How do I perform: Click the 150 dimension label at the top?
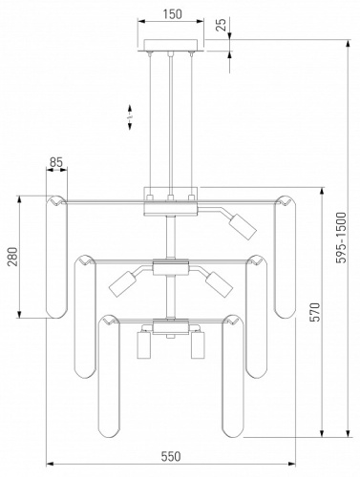pyautogui.click(x=173, y=14)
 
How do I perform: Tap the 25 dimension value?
pyautogui.click(x=221, y=25)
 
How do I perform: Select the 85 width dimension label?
pyautogui.click(x=56, y=162)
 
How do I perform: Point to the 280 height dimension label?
pyautogui.click(x=13, y=257)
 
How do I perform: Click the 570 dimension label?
pyautogui.click(x=314, y=312)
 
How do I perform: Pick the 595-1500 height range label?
pyautogui.click(x=341, y=238)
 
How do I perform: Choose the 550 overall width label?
pyautogui.click(x=171, y=456)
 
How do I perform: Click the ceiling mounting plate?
pyautogui.click(x=171, y=45)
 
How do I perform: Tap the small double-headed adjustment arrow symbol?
pyautogui.click(x=130, y=117)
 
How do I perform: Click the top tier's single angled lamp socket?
pyautogui.click(x=243, y=227)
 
